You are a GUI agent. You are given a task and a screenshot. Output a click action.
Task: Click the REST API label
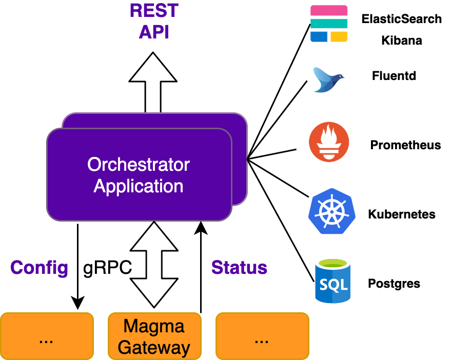point(153,22)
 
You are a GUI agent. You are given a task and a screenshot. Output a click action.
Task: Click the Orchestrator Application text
point(139,175)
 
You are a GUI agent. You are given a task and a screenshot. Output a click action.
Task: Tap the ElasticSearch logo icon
point(329,24)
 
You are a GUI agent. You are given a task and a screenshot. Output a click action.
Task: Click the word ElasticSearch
point(401,19)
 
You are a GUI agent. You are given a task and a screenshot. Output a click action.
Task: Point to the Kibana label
point(401,41)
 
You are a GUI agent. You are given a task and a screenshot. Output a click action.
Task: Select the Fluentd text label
point(394,76)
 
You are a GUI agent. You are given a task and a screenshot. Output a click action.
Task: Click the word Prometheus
point(405,145)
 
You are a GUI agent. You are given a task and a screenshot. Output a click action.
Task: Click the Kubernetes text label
point(402,214)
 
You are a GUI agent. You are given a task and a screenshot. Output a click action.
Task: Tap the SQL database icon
point(333,281)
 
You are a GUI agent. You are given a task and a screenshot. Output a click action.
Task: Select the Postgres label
point(394,284)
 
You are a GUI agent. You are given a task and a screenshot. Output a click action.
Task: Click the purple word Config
point(40,268)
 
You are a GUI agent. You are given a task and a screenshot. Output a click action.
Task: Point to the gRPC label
point(107,268)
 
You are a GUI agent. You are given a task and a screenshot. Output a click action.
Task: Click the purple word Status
point(239,268)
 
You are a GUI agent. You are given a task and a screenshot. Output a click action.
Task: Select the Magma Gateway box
point(154,336)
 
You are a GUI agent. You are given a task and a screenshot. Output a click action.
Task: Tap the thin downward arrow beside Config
point(77,267)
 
